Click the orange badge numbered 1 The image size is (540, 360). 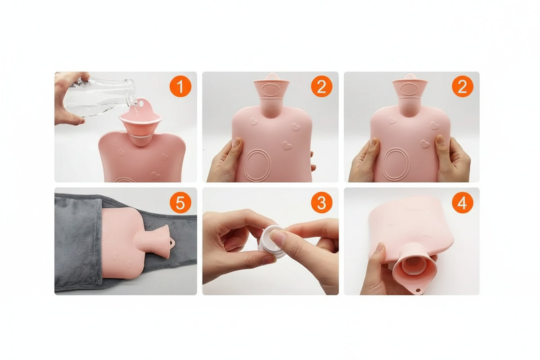(180, 86)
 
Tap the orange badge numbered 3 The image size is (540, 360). (322, 202)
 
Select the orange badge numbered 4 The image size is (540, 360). (463, 202)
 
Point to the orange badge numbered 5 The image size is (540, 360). (180, 202)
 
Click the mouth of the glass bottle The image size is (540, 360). (131, 92)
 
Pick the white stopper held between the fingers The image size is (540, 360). (270, 241)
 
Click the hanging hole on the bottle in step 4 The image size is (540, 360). (418, 290)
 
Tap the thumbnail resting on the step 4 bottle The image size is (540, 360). (380, 247)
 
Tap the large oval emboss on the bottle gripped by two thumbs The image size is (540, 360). (396, 163)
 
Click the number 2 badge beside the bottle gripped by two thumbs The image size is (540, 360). (463, 86)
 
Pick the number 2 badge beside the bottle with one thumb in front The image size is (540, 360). (322, 86)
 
